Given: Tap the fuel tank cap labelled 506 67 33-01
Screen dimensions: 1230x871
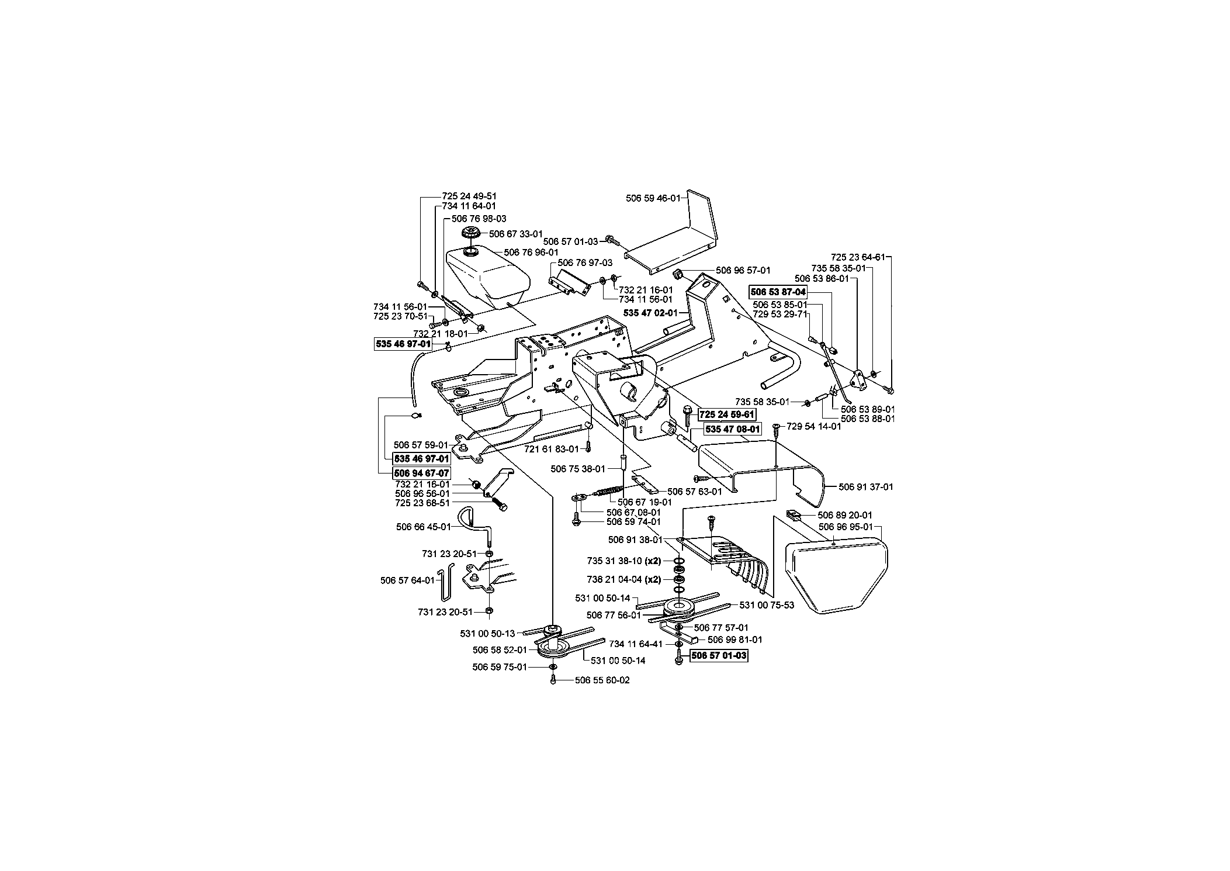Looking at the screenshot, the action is pyautogui.click(x=470, y=233).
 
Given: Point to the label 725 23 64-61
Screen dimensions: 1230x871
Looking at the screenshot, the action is pyautogui.click(x=858, y=257).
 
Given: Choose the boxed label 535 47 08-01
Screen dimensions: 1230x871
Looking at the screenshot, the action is pyautogui.click(x=733, y=429).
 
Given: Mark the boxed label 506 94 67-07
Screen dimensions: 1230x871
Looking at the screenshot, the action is pyautogui.click(x=421, y=472).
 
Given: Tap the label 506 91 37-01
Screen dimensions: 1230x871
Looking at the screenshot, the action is pyautogui.click(x=866, y=486).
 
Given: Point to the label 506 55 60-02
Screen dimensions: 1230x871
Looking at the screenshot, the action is pyautogui.click(x=602, y=680).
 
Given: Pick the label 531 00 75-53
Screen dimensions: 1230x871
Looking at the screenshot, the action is pyautogui.click(x=767, y=605).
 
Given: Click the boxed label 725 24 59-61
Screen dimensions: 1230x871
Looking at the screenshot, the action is pyautogui.click(x=727, y=414).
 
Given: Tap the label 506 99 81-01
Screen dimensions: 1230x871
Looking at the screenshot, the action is pyautogui.click(x=735, y=640).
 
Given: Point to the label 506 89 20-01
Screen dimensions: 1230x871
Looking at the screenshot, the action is pyautogui.click(x=845, y=515).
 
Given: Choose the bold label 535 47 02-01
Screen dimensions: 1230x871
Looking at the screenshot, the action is pyautogui.click(x=650, y=313).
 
